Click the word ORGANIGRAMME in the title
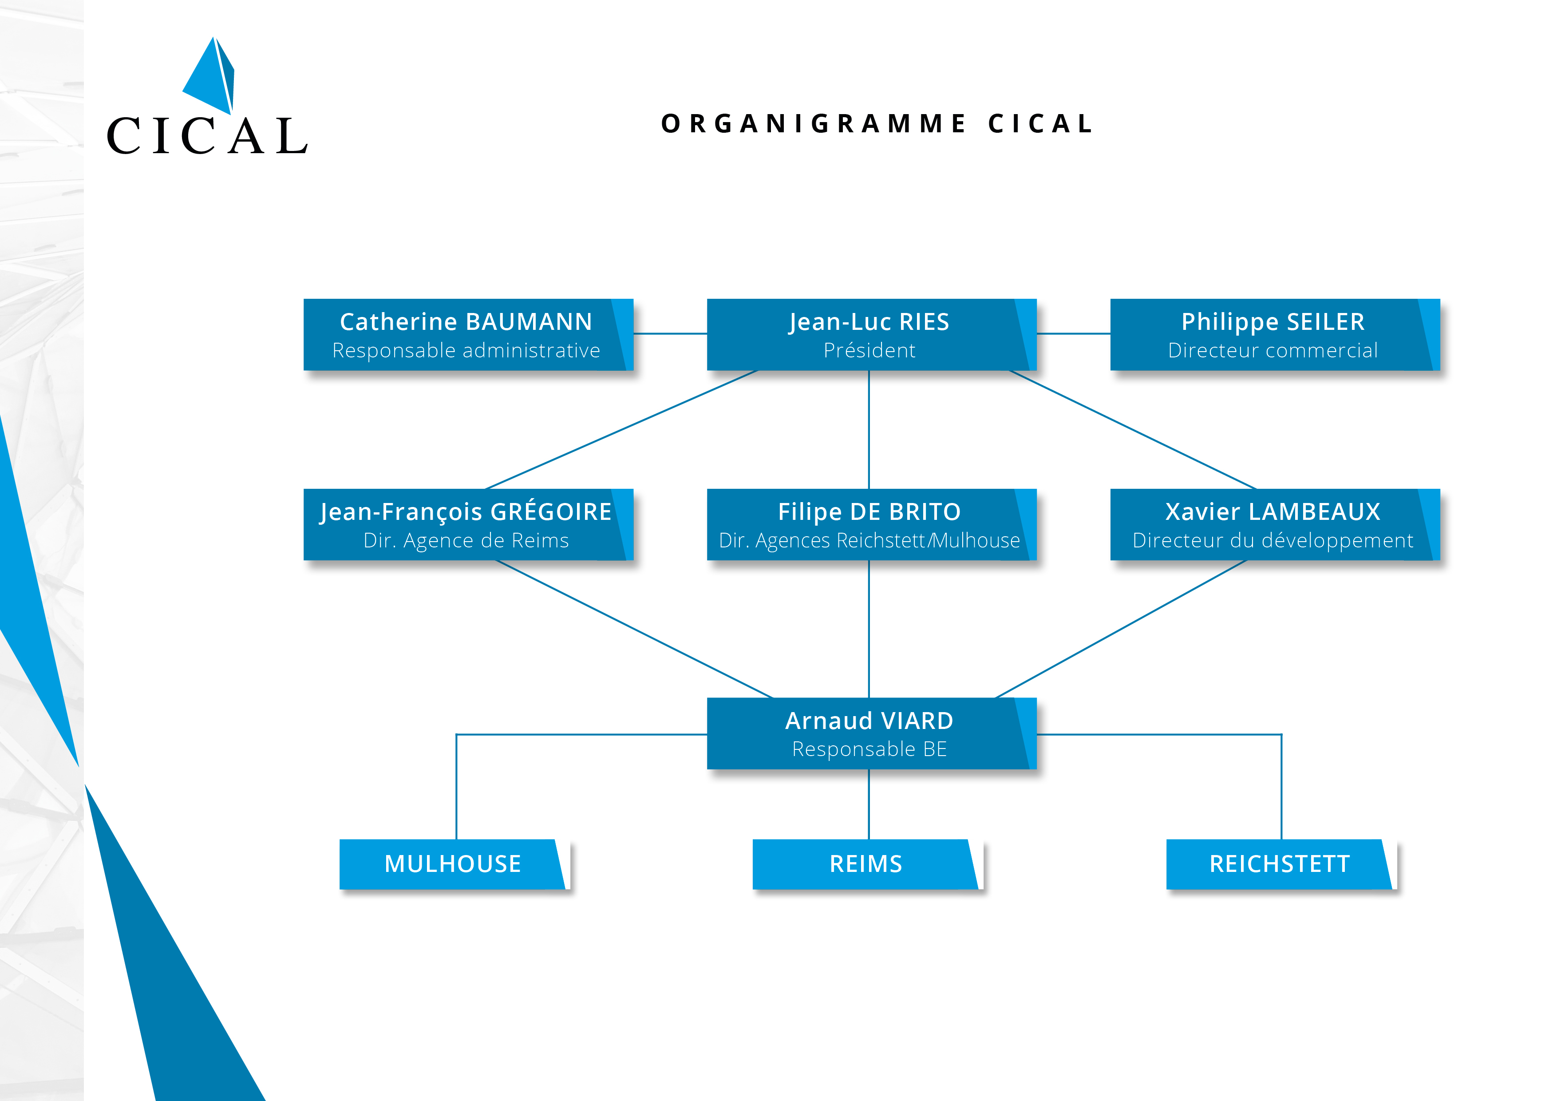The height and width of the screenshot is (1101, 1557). [x=814, y=123]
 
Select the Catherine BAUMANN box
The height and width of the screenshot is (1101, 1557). [x=468, y=334]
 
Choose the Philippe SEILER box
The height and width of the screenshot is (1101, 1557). [x=1275, y=334]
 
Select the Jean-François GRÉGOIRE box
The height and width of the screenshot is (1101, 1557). [x=468, y=524]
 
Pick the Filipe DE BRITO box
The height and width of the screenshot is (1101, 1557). [x=871, y=524]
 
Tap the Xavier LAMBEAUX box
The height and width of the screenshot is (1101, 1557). [x=1275, y=524]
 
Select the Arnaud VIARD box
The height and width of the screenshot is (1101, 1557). [x=871, y=733]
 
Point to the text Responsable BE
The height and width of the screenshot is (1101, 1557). [x=869, y=749]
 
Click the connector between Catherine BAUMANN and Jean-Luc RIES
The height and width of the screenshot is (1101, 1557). [x=671, y=334]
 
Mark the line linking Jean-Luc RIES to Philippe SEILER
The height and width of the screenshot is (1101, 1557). [x=1074, y=334]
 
